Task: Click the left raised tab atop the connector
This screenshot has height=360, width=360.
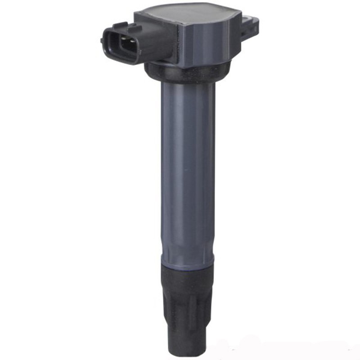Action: [x=120, y=26]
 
